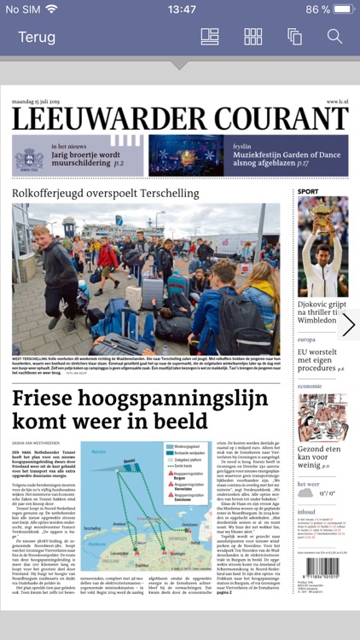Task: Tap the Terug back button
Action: pyautogui.click(x=37, y=37)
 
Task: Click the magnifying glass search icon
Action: pyautogui.click(x=334, y=37)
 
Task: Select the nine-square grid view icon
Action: pyautogui.click(x=253, y=37)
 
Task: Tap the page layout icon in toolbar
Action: pyautogui.click(x=210, y=37)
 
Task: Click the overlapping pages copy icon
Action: pyautogui.click(x=295, y=37)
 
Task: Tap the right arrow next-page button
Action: pyautogui.click(x=348, y=325)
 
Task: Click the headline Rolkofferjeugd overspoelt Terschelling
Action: pyautogui.click(x=106, y=193)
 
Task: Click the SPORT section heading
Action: pyautogui.click(x=308, y=192)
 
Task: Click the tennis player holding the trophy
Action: pyautogui.click(x=323, y=247)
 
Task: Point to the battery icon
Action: pyautogui.click(x=341, y=9)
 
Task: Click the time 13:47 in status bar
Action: pyautogui.click(x=181, y=9)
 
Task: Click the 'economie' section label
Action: pyautogui.click(x=310, y=386)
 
